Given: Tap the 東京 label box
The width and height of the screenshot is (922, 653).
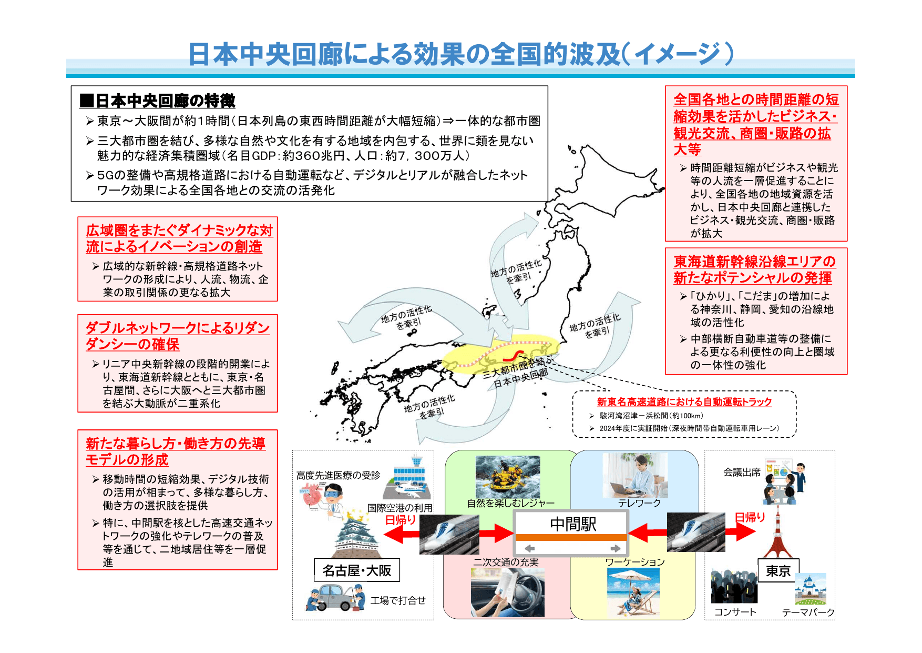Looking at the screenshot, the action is coord(778,571).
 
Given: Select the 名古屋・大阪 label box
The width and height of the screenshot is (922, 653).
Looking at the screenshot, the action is coord(357,570).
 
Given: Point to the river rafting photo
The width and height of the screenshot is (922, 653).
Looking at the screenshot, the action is coord(507,477).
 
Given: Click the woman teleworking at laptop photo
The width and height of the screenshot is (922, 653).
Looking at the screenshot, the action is coord(635,475).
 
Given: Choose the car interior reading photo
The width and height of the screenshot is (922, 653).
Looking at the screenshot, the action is coord(507,592).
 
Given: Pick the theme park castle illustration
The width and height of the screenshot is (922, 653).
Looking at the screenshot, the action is coord(810,589).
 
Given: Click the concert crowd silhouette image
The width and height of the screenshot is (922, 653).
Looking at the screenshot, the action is coord(734,586).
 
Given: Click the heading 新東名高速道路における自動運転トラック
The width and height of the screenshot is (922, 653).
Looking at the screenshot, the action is coord(684,402).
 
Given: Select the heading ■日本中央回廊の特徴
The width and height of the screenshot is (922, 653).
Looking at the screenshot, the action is coord(157,101).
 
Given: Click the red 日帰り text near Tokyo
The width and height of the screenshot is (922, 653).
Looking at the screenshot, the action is coord(750,517).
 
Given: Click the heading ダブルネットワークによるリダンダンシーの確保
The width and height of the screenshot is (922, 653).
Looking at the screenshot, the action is coord(177,336).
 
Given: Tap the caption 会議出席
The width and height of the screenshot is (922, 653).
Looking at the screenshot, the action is coord(742,473).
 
